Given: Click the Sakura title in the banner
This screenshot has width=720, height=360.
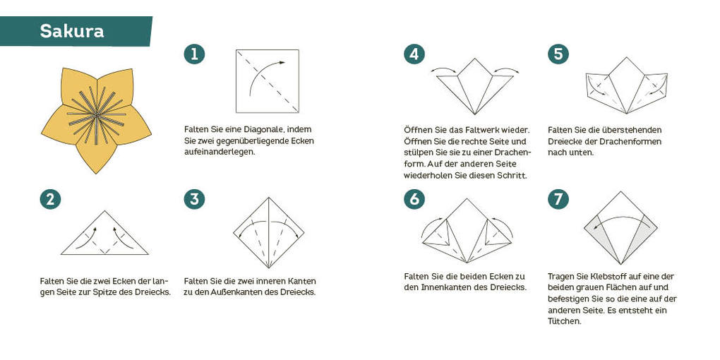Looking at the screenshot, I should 72,31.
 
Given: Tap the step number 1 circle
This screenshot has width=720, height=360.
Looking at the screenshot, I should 194,54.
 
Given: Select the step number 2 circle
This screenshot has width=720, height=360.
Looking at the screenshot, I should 50,199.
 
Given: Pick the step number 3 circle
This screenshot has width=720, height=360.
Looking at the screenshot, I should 194,199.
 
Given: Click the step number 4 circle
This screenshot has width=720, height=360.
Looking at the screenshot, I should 414,54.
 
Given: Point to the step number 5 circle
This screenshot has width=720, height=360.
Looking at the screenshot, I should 558,54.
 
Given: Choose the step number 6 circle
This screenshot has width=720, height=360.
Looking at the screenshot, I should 414,199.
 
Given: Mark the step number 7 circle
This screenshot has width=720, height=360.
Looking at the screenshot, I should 558,199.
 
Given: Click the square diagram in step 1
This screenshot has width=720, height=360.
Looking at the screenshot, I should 268,81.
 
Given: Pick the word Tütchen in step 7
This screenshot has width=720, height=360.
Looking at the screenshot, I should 564,321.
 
